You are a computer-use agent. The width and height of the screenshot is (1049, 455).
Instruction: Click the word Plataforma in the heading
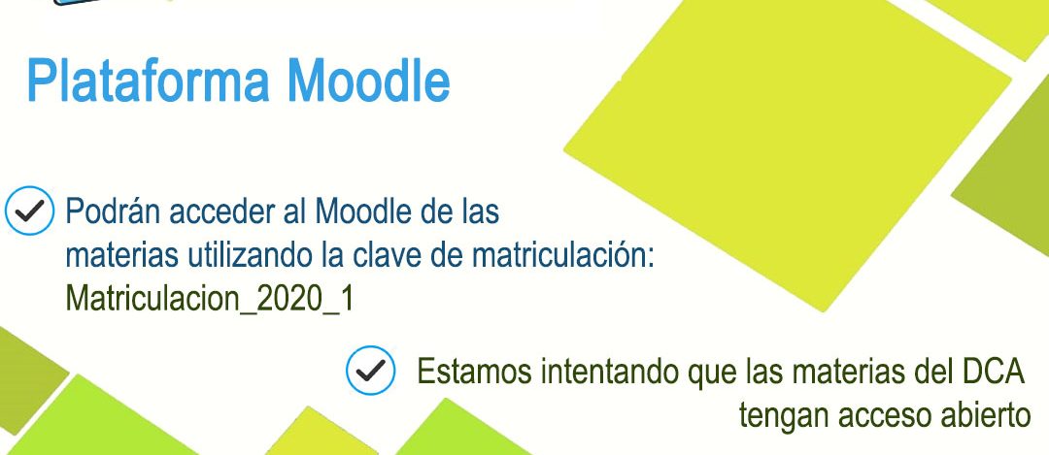(149, 81)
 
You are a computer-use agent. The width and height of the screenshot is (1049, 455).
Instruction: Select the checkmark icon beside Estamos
(371, 371)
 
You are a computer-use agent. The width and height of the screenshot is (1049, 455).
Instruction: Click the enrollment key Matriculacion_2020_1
(210, 299)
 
